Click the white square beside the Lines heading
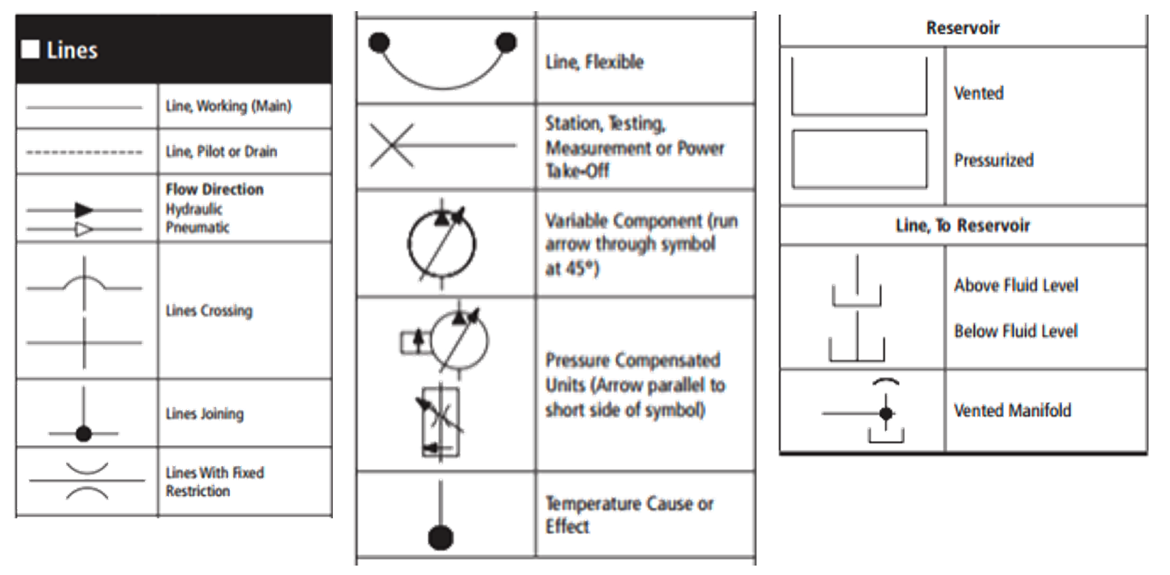30,50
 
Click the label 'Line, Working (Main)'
228,107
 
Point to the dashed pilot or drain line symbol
84,153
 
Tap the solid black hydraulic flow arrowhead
83,209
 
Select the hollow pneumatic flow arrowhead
83,229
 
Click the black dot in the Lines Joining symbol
83,433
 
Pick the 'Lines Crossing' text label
208,311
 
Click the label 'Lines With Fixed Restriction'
214,481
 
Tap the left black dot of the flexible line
380,41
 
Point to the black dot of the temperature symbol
440,537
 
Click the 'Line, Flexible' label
594,63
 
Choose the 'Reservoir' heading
962,28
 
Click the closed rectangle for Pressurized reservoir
859,159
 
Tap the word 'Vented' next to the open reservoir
979,93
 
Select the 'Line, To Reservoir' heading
962,226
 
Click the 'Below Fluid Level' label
1016,331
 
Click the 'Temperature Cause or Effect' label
630,515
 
